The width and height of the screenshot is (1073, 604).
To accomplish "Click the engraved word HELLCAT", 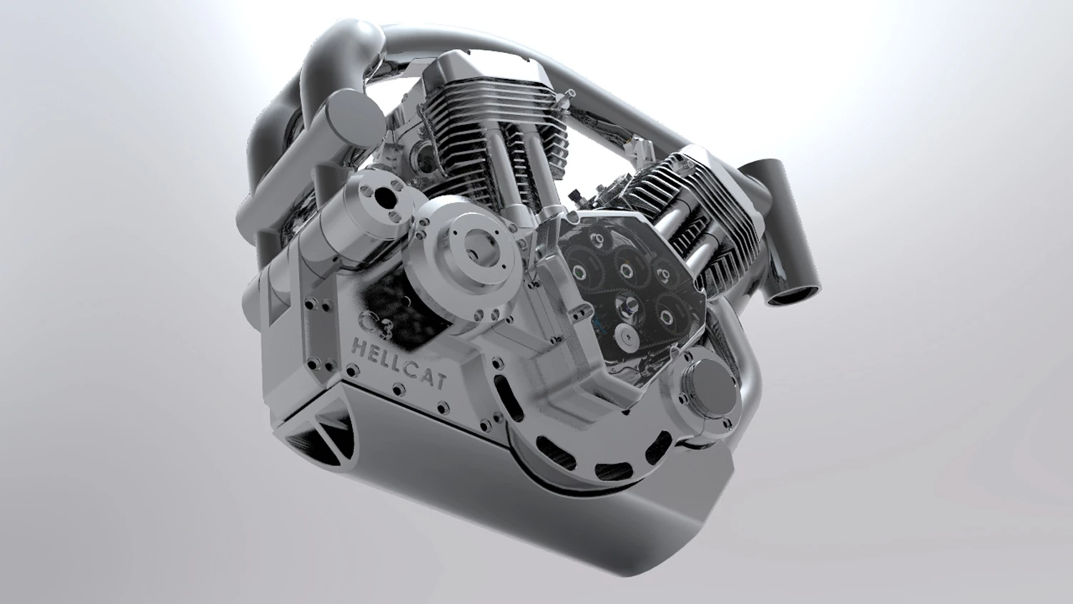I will pos(399,364).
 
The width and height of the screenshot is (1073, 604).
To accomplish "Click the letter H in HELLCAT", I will pos(359,347).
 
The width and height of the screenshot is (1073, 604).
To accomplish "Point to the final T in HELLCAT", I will pos(439,381).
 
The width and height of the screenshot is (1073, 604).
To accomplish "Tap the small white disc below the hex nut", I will pos(627,331).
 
